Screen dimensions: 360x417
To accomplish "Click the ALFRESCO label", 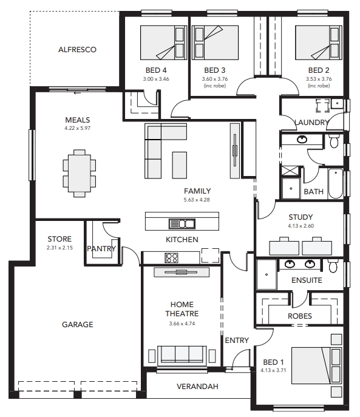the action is pos(77,50).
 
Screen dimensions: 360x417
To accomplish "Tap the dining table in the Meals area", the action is pos(80,173).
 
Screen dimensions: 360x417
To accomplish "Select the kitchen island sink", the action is pos(182,223).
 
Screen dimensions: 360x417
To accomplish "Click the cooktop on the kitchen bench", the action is pos(171,258).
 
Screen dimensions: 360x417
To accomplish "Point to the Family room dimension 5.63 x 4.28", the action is pos(197,200).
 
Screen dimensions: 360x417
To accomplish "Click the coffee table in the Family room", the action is pos(179,165).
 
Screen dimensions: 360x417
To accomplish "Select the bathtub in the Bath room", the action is pos(336,183).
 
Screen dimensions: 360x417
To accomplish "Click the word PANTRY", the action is pos(101,249).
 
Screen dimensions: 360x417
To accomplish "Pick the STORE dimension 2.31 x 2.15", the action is pos(59,248).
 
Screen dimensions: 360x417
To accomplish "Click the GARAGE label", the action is pos(78,325).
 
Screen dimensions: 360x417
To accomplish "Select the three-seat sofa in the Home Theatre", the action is pos(182,356).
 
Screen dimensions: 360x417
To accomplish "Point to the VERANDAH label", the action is pos(197,387).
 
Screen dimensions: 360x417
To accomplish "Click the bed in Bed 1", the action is pos(316,365).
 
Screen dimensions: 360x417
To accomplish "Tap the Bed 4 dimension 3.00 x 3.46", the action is pos(156,79).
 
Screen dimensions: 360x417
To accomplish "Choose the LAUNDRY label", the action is pos(311,123).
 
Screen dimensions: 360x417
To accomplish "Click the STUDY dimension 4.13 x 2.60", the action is pos(301,226).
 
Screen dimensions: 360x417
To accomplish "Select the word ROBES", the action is pos(300,316).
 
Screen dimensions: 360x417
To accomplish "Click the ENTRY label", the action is pos(237,340).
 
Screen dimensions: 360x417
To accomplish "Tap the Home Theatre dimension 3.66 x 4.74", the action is pos(182,324).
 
